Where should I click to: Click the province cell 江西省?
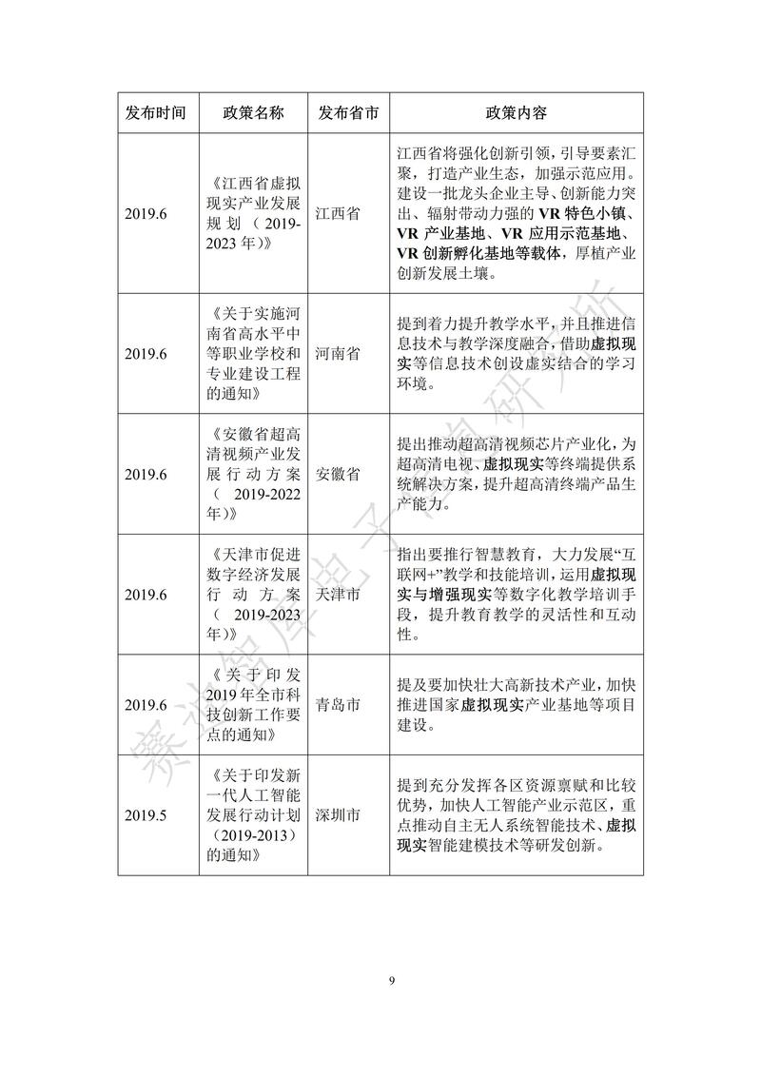pos(338,214)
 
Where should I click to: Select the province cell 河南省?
pos(338,354)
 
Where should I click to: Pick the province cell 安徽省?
pos(338,474)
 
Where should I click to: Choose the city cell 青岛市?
pos(338,705)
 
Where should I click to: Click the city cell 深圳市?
pos(338,815)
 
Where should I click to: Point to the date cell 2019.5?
pos(145,815)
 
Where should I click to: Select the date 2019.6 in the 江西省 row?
pos(145,214)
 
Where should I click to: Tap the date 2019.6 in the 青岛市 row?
pos(145,705)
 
